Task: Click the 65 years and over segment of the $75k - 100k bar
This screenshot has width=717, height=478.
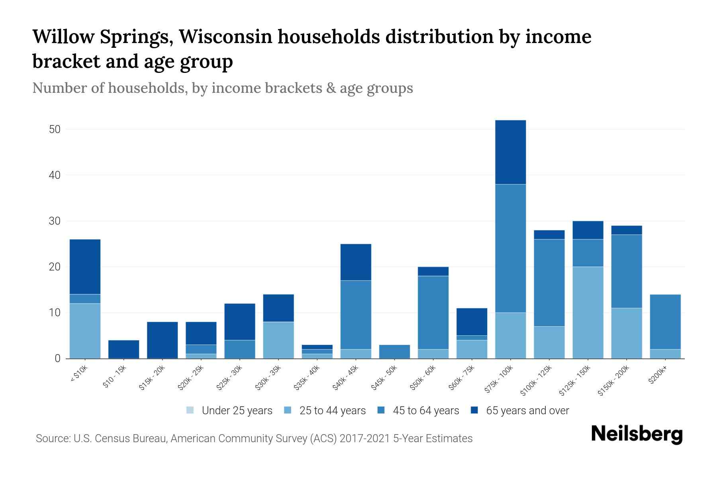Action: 510,152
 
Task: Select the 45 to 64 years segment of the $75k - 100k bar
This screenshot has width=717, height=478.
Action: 510,248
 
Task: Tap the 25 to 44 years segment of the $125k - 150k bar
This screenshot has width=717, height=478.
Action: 588,313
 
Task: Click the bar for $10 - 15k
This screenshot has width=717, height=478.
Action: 123,349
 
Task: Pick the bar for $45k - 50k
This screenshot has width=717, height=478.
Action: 394,352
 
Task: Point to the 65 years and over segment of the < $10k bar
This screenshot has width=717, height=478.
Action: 85,266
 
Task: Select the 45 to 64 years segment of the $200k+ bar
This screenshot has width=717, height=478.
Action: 665,322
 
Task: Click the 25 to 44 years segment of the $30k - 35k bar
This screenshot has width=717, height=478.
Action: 278,340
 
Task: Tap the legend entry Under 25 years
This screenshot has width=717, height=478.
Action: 237,411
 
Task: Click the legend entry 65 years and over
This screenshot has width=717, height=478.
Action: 527,411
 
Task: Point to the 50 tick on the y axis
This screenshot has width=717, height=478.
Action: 55,129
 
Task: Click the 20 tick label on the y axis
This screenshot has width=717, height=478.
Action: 55,267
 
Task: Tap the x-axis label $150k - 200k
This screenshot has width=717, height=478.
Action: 614,381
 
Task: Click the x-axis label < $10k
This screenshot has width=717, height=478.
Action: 79,374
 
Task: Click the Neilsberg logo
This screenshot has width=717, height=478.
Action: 637,434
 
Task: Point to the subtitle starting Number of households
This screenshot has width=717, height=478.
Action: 222,88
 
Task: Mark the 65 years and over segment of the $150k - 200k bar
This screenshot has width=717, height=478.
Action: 626,230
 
